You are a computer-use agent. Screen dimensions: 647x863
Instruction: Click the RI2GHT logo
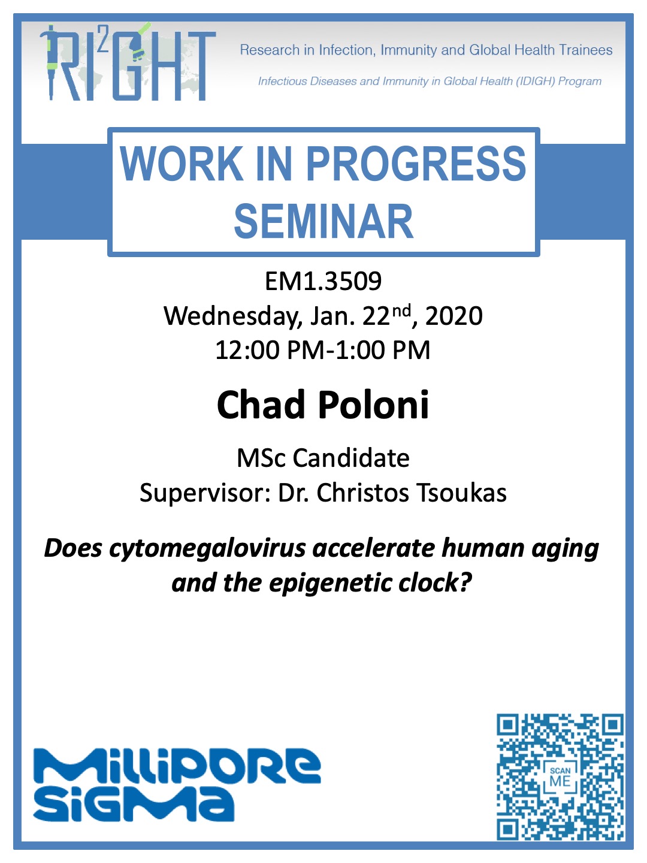(x=128, y=62)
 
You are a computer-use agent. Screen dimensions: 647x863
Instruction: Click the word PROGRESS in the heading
(x=416, y=164)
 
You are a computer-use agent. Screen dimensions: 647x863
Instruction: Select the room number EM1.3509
(x=323, y=282)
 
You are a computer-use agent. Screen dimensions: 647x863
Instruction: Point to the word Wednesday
(x=232, y=316)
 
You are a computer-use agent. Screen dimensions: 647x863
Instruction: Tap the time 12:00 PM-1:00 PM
(x=323, y=350)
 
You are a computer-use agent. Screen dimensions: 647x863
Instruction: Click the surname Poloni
(x=373, y=405)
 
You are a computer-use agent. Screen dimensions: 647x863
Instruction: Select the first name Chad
(x=261, y=405)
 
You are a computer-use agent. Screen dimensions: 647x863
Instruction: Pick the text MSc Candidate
(x=323, y=458)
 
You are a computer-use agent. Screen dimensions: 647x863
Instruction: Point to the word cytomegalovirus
(x=207, y=549)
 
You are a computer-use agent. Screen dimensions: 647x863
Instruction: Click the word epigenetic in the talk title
(x=330, y=583)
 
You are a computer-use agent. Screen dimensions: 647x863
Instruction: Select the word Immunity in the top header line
(x=409, y=50)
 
